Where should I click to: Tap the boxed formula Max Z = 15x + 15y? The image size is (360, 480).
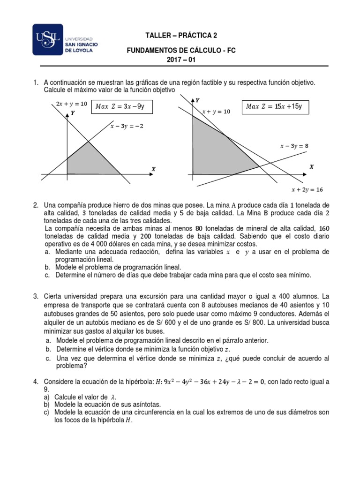tap(274, 106)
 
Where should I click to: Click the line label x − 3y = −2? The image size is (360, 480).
tap(127, 126)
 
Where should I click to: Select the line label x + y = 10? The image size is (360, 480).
tap(216, 112)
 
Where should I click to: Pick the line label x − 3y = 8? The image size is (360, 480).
tap(294, 146)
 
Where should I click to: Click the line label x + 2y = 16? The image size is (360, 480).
tap(307, 190)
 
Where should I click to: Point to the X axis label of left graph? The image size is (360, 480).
tap(153, 169)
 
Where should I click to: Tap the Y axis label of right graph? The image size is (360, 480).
tap(197, 100)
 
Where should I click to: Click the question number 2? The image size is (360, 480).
tap(35, 205)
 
